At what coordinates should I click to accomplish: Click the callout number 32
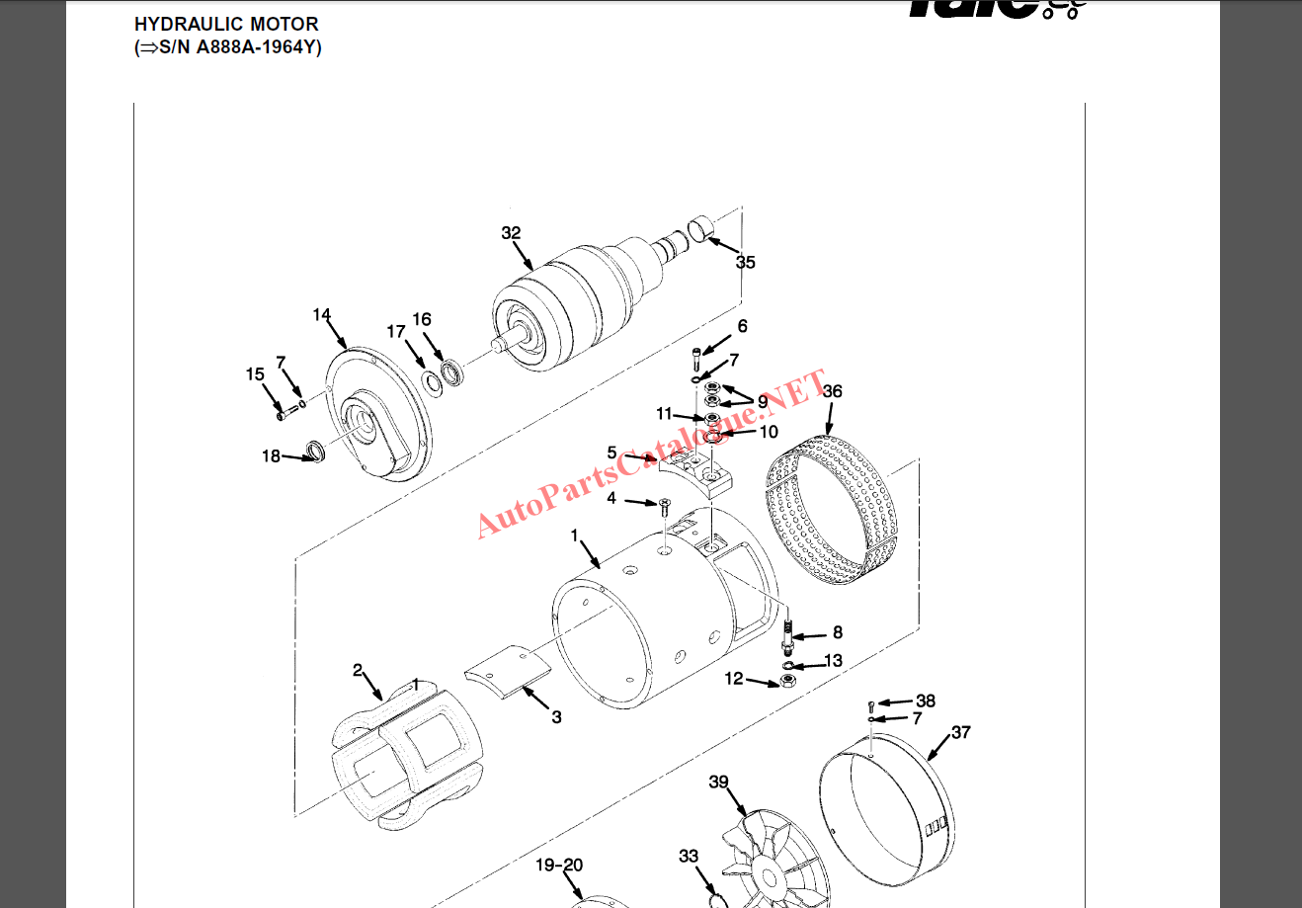coord(511,233)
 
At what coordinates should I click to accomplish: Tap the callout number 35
coord(746,262)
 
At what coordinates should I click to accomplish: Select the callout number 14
coord(322,315)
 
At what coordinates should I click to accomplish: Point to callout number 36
coord(833,391)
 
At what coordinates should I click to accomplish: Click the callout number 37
coord(960,732)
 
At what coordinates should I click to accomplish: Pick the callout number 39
coord(718,782)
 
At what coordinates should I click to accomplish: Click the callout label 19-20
coord(559,866)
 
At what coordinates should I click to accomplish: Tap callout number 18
coord(271,456)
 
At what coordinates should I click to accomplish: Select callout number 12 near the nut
coord(734,679)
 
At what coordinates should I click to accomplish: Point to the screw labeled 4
coord(664,505)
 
